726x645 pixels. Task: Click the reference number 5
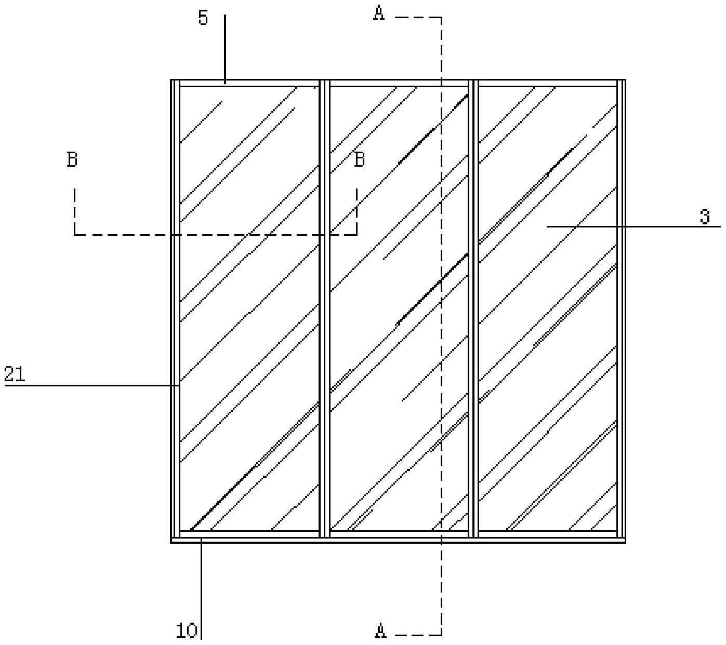203,18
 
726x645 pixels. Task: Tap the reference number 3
705,216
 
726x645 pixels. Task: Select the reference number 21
15,374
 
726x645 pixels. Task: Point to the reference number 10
186,631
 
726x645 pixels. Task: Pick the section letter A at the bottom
380,631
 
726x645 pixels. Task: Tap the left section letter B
72,159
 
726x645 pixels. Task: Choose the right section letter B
359,159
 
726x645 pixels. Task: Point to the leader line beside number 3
634,226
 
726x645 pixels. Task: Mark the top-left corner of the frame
172,80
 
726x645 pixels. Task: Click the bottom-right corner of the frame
625,542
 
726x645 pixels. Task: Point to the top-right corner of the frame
625,80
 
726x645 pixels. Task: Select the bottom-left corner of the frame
172,542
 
